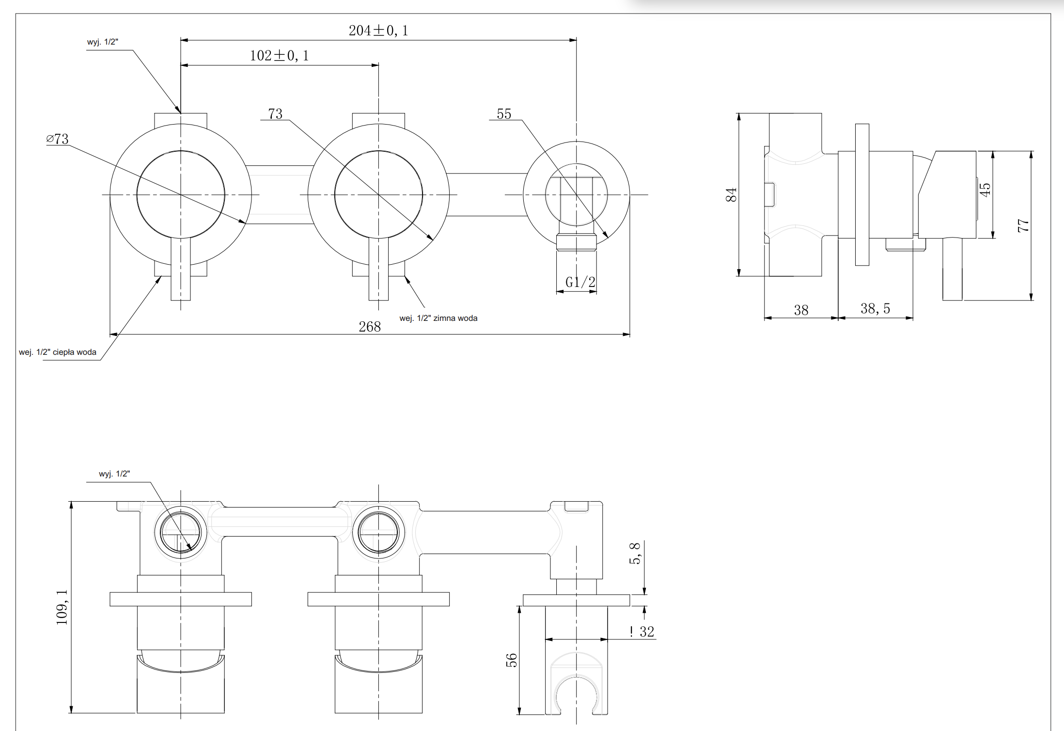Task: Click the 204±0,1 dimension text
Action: click(x=378, y=31)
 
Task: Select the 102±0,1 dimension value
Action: click(x=279, y=56)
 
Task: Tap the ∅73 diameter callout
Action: click(x=57, y=139)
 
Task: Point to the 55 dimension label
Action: click(x=504, y=114)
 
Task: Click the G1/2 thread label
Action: click(x=580, y=282)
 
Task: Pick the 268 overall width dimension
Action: click(x=370, y=327)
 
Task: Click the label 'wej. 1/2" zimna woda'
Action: click(x=438, y=318)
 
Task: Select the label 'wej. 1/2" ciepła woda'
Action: click(x=58, y=352)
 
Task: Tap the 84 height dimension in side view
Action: click(x=731, y=195)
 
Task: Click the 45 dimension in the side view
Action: click(x=985, y=190)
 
